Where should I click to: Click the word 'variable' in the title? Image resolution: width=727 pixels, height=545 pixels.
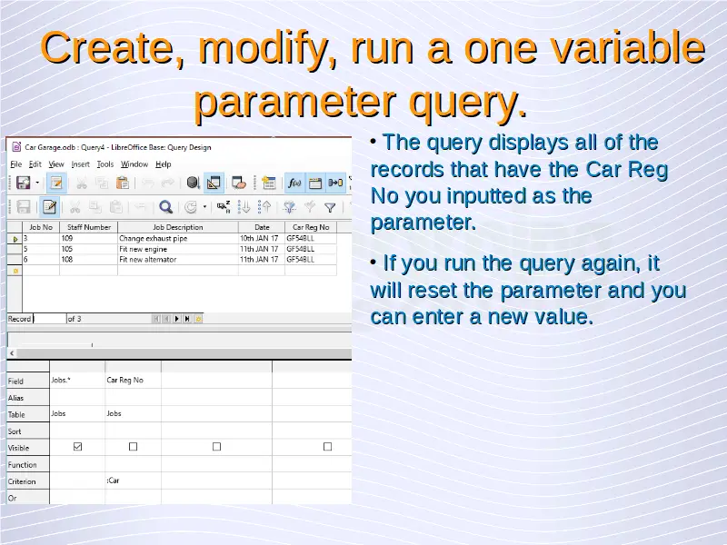605,48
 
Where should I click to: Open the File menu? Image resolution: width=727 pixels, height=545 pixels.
15,164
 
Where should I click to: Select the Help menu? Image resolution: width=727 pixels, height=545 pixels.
164,164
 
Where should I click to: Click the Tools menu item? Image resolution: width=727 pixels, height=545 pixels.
105,164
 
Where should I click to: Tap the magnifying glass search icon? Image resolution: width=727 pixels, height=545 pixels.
165,207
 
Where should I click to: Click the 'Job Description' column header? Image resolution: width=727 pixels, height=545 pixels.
178,227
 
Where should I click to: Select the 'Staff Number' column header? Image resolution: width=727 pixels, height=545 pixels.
88,227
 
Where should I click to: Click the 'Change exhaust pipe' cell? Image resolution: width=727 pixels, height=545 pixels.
154,238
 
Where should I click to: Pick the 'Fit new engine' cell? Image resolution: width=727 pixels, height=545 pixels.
144,249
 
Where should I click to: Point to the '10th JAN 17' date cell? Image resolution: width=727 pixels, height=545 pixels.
259,238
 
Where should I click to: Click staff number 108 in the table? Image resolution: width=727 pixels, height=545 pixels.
67,260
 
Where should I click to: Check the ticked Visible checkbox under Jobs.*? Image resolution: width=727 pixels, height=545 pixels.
77,447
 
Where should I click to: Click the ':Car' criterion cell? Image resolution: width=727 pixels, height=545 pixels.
113,481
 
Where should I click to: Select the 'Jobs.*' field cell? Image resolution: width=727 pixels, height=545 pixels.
61,380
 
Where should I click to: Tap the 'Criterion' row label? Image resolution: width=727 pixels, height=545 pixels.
22,481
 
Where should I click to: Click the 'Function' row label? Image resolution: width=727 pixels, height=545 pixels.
22,465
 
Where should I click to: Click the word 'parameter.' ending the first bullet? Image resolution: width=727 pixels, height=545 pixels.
423,223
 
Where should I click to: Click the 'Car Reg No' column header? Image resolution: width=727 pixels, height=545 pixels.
311,227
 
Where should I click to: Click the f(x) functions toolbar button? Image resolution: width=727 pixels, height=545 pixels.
294,183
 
